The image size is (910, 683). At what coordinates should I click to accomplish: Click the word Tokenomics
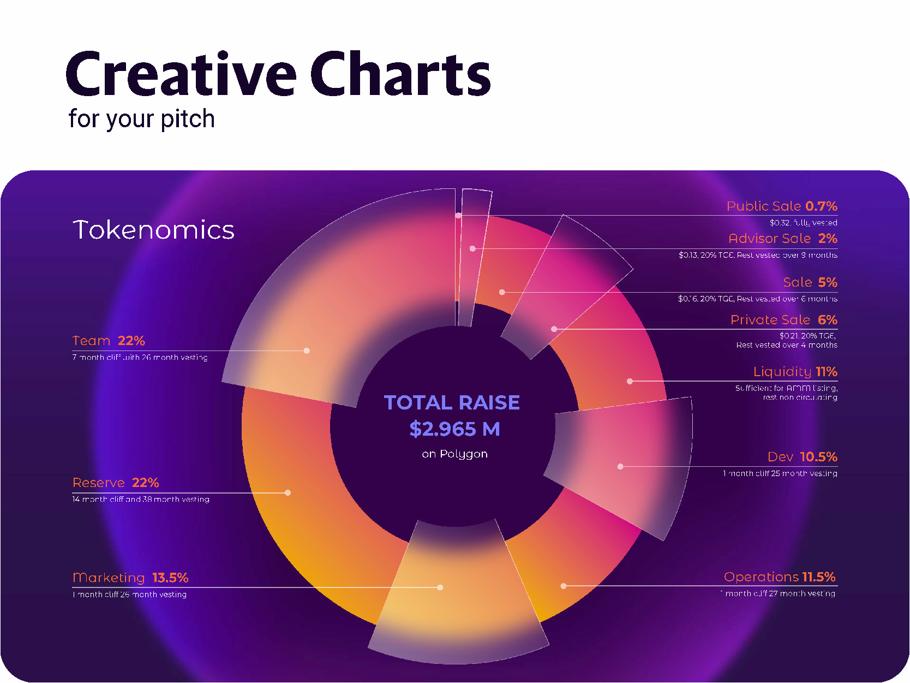(153, 230)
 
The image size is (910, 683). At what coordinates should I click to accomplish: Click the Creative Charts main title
(278, 74)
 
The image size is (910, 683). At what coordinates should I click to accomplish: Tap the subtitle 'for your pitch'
(141, 119)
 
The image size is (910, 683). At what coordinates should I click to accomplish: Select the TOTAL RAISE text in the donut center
(452, 402)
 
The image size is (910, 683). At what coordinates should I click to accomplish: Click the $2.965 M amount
(454, 429)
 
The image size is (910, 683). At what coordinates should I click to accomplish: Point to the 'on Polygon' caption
(454, 454)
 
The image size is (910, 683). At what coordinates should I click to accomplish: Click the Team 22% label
(109, 341)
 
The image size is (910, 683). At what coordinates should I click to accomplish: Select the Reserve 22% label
(116, 483)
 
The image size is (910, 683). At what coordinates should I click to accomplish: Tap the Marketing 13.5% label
(130, 578)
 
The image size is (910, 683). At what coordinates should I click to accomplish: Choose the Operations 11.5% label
(780, 577)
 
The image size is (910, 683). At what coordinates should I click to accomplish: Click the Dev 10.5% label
(802, 456)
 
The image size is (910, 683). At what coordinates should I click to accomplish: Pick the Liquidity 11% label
(795, 371)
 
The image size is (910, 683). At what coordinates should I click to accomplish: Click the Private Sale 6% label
(783, 319)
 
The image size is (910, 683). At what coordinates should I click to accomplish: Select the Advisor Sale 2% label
(782, 238)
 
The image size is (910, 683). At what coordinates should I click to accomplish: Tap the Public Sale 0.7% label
(781, 206)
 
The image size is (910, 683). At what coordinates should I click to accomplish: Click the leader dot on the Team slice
(307, 351)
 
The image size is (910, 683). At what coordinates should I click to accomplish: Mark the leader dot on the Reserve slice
(288, 492)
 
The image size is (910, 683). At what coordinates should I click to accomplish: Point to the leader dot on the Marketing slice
(440, 587)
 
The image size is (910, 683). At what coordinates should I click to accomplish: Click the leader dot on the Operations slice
(564, 586)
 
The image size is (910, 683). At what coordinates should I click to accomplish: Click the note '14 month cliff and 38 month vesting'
(141, 499)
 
